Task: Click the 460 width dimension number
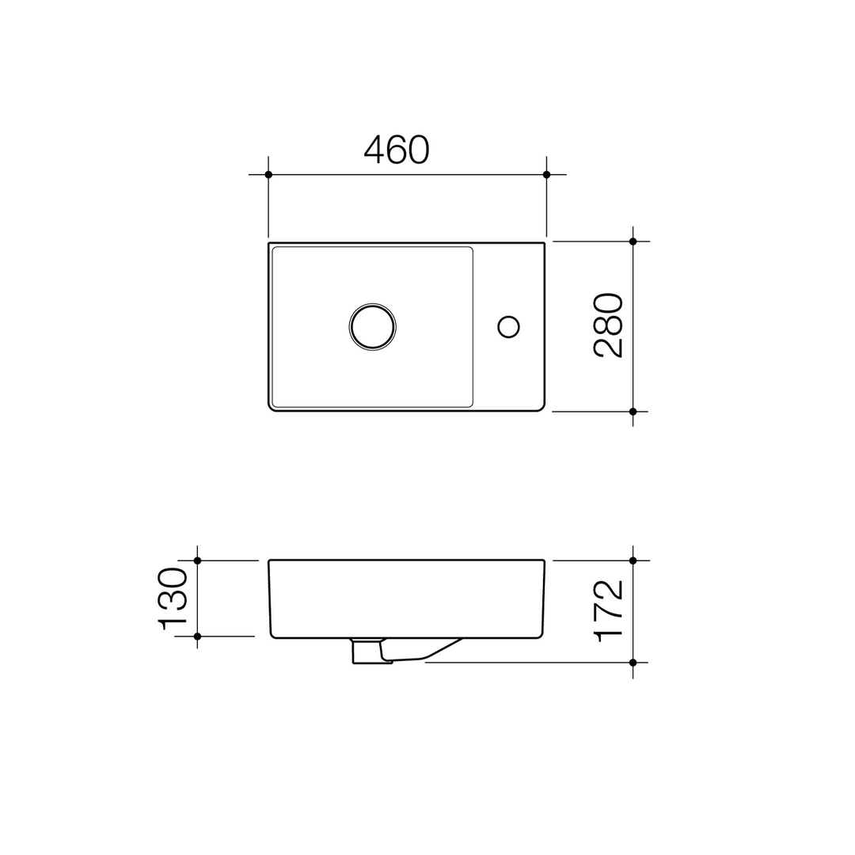tap(397, 150)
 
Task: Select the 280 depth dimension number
tap(609, 325)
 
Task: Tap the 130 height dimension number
tap(173, 598)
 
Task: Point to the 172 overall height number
tap(609, 610)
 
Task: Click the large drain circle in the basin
tap(372, 326)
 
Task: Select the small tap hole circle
tap(507, 326)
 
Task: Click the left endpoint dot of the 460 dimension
tap(268, 174)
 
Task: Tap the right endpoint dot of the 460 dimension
tap(546, 174)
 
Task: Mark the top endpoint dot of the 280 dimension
tap(633, 241)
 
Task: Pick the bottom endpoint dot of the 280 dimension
tap(633, 412)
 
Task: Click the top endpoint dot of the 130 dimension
tap(197, 560)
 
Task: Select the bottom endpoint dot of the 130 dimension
tap(197, 636)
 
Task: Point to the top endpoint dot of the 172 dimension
tap(633, 560)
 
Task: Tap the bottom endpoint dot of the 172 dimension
tap(633, 662)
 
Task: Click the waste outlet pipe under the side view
tap(367, 652)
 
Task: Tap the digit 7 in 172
tap(609, 611)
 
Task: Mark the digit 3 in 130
tap(173, 598)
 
